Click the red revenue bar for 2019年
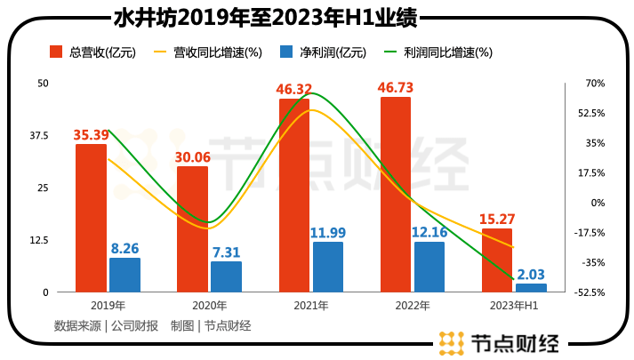tap(91, 218)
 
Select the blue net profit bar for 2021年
tap(328, 267)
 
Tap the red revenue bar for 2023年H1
tap(497, 260)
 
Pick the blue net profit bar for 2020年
tap(226, 276)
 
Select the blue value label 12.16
tap(429, 233)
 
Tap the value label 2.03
tap(531, 275)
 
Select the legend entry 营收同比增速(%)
tap(206, 52)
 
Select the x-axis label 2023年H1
tap(514, 306)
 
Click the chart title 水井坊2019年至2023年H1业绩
tap(267, 18)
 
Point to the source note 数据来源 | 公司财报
tap(106, 325)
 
